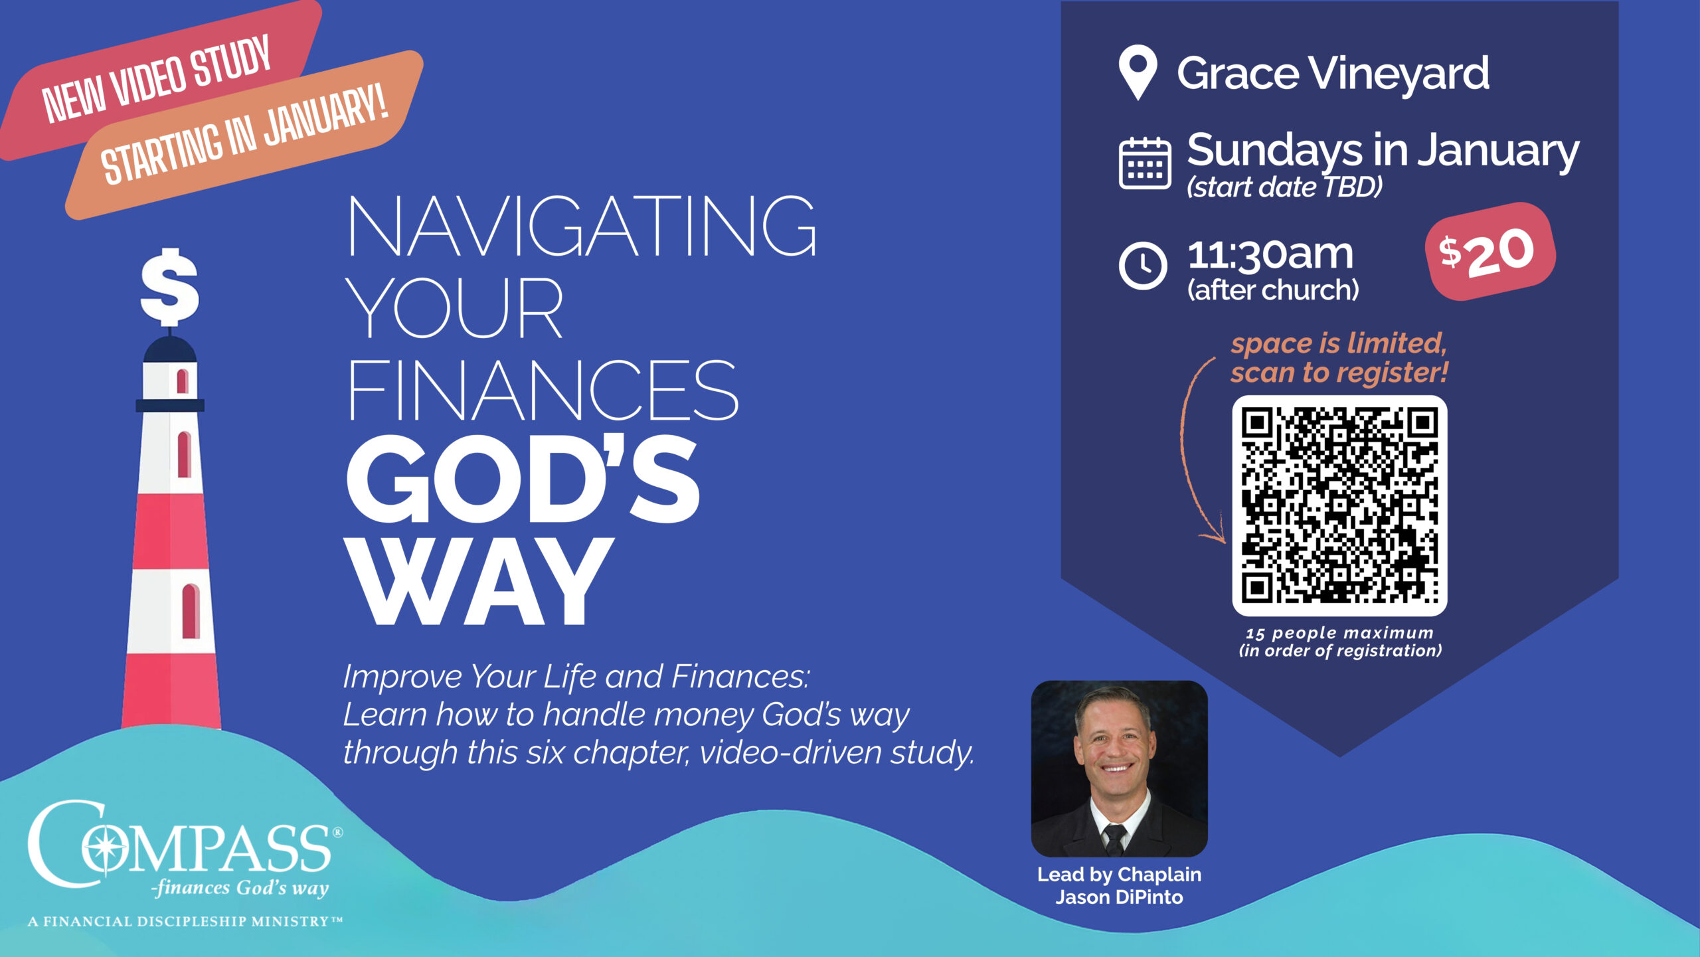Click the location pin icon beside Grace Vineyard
(1138, 72)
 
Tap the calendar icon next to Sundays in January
(1145, 163)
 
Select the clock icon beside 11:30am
(1143, 266)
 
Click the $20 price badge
(1490, 251)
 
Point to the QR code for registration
(1339, 505)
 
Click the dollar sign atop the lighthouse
(169, 286)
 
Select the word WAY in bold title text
(478, 582)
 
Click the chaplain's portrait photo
(1119, 768)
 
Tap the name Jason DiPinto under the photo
(1119, 897)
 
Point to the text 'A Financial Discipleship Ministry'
(185, 921)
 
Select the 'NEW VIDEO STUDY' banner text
(157, 78)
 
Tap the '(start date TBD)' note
(1284, 187)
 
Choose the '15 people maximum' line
(1339, 633)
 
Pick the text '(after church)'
(1273, 290)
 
